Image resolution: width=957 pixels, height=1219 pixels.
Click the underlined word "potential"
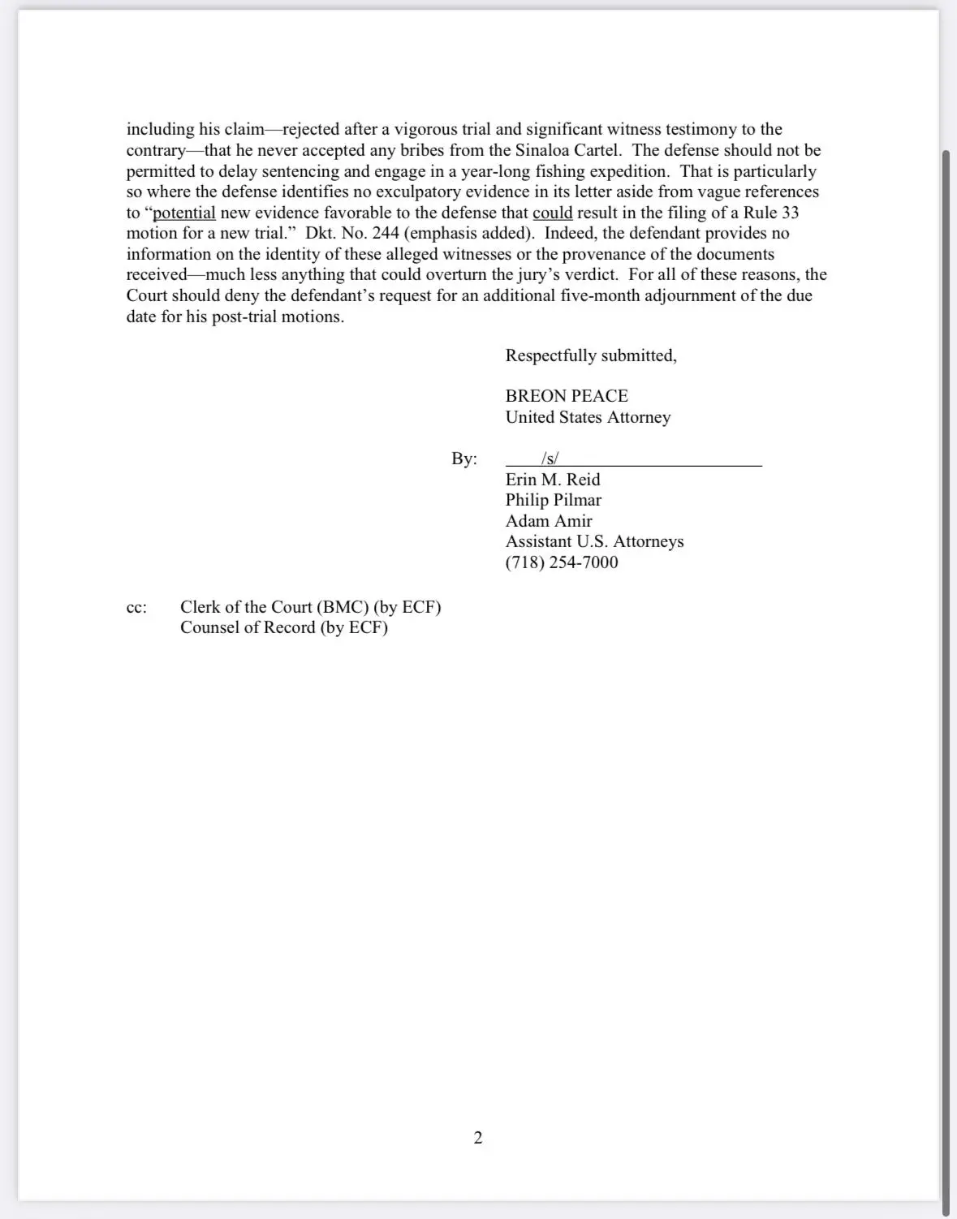point(184,213)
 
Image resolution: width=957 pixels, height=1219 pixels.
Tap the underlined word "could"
point(553,213)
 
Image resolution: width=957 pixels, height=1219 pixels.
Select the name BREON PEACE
point(567,396)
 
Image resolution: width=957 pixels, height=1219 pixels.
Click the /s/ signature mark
point(550,459)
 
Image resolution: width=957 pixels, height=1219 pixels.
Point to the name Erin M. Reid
point(553,480)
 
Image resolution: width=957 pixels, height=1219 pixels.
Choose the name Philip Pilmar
point(554,500)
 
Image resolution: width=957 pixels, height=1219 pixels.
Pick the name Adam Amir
point(549,521)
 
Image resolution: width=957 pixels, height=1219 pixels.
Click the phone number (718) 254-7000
point(562,562)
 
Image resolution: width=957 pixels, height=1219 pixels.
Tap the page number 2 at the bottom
point(478,1138)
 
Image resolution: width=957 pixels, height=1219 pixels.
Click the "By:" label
point(464,459)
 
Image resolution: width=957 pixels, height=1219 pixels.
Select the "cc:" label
point(136,608)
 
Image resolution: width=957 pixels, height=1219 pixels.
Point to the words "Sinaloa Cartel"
point(567,150)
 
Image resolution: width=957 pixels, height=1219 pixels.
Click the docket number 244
point(385,234)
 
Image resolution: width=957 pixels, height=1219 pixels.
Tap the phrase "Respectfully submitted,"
point(591,355)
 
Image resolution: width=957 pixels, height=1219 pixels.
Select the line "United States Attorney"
point(588,417)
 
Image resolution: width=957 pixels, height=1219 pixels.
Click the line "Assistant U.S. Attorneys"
point(594,541)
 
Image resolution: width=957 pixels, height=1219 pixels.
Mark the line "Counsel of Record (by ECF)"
point(284,627)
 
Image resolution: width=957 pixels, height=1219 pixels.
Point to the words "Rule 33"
point(771,213)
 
